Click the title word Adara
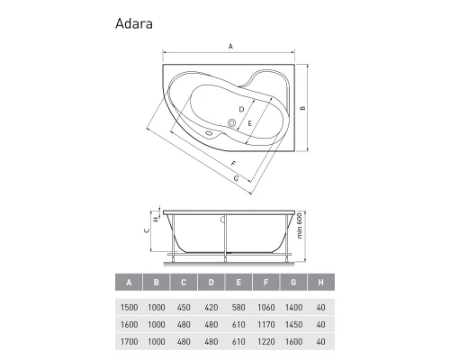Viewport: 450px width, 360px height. click(133, 24)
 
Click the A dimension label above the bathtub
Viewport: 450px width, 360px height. click(230, 46)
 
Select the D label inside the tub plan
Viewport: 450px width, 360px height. click(229, 110)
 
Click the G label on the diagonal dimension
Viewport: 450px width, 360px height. click(235, 178)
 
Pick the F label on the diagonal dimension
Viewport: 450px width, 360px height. click(232, 163)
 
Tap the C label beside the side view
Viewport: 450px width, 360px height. click(147, 230)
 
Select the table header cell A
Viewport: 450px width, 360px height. click(130, 283)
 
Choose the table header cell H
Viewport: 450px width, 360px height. click(321, 283)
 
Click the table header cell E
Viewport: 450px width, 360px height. click(238, 283)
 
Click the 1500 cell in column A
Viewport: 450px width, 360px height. click(130, 306)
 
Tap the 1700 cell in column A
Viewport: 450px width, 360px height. click(130, 341)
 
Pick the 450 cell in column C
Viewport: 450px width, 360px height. click(184, 306)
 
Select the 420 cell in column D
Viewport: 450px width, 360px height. click(211, 306)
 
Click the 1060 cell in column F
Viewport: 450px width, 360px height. click(266, 306)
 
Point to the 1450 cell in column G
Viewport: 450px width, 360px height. click(294, 324)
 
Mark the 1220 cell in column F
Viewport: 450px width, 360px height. click(266, 341)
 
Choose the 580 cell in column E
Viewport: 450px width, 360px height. click(238, 306)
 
